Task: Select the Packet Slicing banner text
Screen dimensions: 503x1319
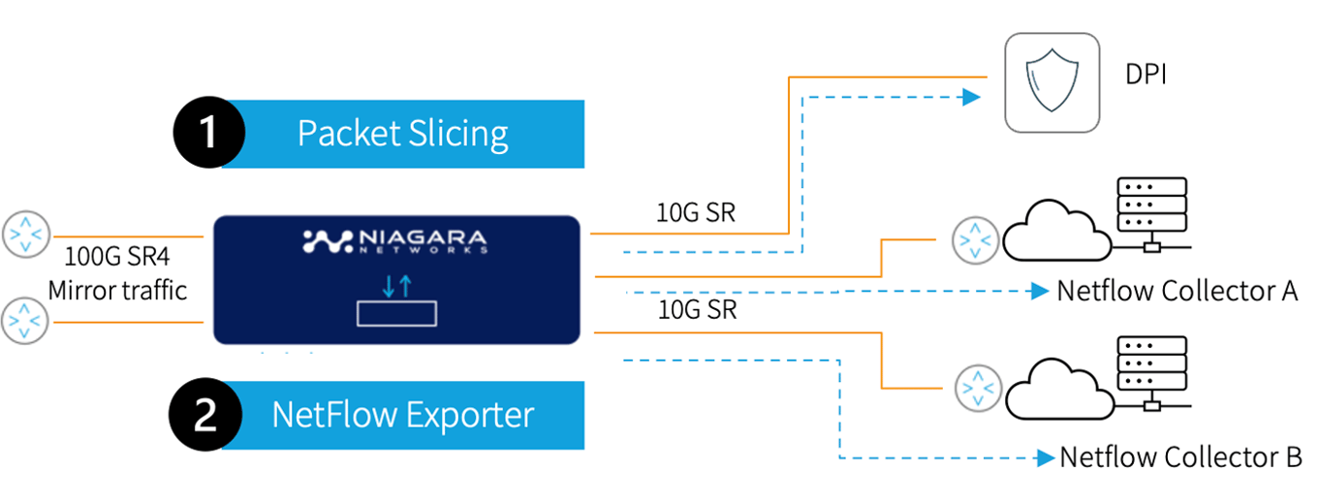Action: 402,134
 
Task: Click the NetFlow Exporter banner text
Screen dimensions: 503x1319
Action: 402,415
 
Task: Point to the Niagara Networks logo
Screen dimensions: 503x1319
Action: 395,241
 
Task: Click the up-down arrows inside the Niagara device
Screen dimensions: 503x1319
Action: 396,286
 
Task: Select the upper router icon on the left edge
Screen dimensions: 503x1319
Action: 24,236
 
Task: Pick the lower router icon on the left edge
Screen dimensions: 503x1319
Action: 24,321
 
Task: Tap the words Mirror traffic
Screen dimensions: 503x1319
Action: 116,291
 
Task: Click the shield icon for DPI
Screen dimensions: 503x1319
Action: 1052,81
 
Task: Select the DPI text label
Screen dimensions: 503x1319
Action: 1145,74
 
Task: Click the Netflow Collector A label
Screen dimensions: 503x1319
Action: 1177,291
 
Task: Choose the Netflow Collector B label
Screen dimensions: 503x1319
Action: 1180,457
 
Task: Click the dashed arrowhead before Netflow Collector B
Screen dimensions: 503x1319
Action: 1045,457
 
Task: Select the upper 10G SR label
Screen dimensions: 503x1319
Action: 696,212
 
